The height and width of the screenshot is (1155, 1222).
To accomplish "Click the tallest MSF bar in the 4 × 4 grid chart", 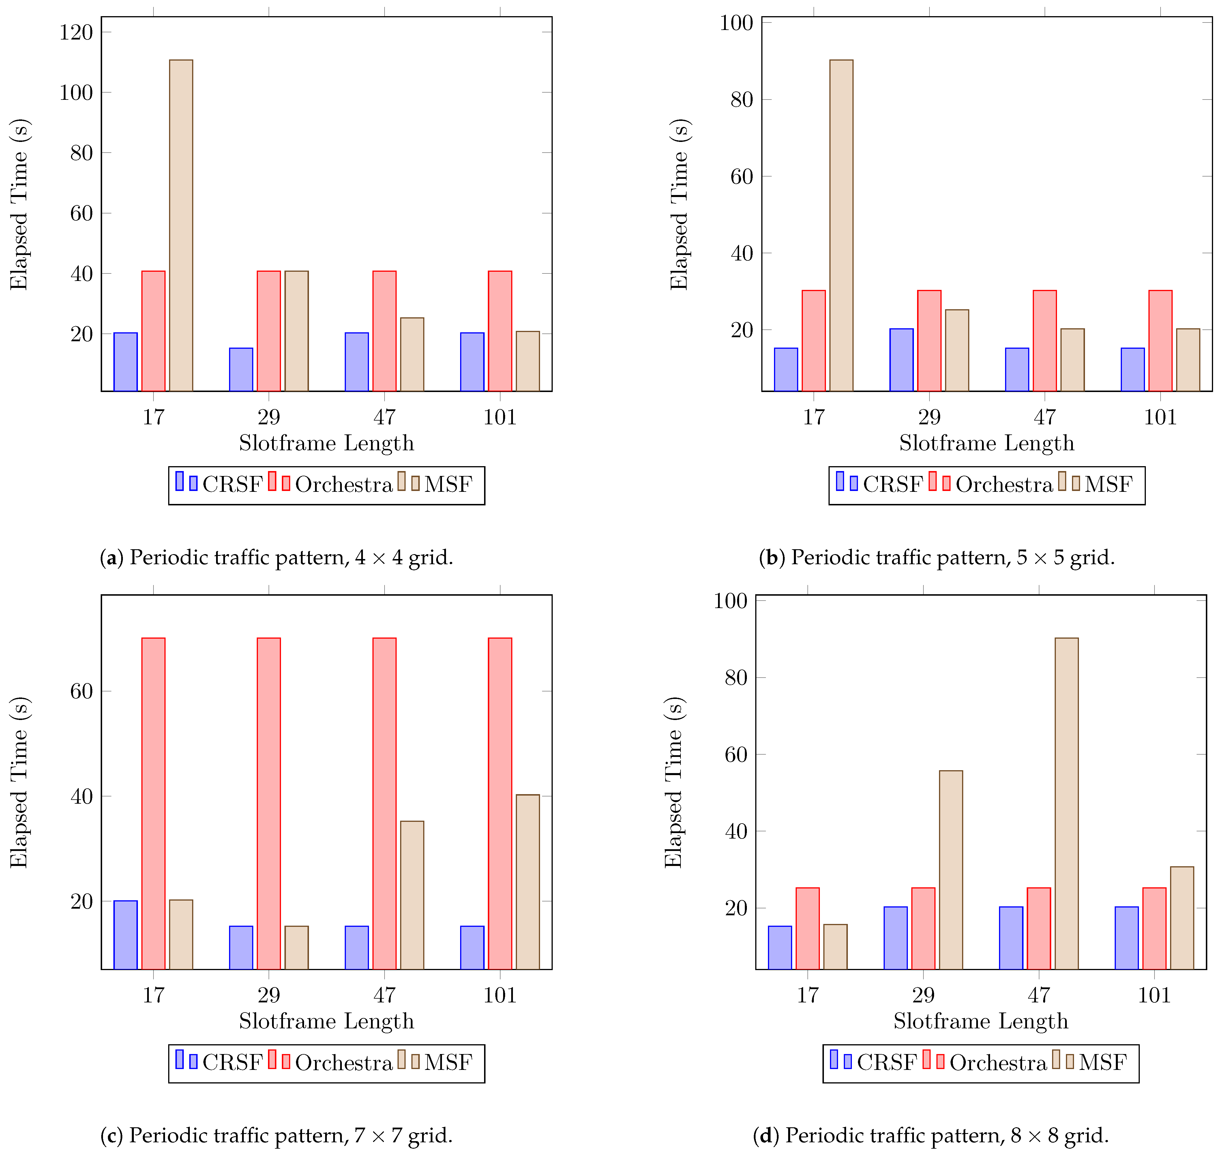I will tap(181, 225).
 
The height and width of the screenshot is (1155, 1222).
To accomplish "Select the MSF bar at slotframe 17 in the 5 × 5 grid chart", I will tap(841, 225).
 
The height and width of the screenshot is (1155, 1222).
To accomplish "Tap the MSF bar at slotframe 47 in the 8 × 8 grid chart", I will tap(1066, 803).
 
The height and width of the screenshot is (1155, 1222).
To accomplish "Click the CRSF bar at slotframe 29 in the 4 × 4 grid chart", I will tap(241, 370).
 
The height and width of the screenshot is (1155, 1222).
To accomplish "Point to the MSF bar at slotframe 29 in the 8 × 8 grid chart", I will tap(951, 869).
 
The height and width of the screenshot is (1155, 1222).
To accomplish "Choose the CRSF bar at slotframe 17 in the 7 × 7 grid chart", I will tap(125, 935).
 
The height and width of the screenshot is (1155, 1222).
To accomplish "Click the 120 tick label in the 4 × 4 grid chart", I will tap(76, 32).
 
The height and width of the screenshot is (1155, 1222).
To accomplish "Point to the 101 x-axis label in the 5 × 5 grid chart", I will tap(1160, 417).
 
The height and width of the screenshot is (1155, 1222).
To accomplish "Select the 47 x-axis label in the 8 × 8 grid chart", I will tap(1039, 995).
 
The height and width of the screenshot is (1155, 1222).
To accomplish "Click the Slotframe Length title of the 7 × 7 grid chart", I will tap(326, 1021).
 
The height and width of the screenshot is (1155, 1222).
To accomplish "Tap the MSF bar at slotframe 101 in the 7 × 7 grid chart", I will tap(528, 882).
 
